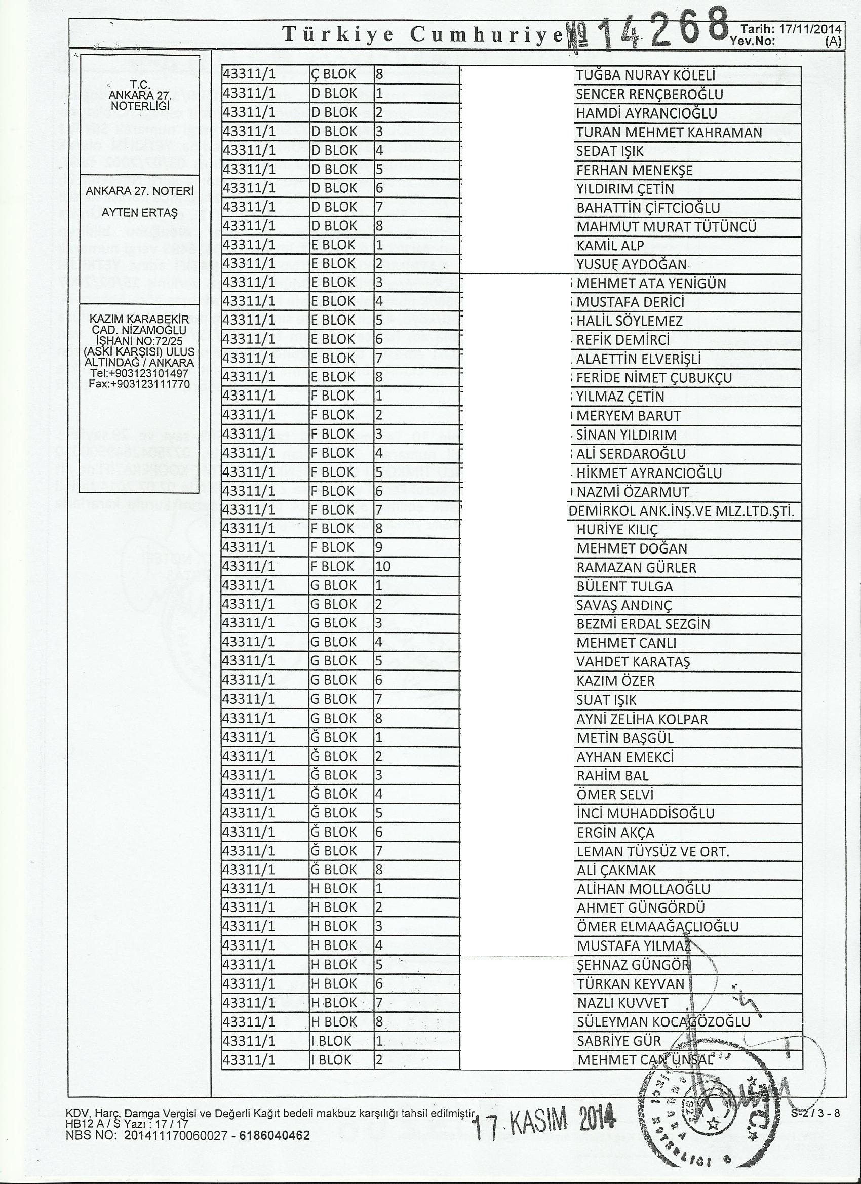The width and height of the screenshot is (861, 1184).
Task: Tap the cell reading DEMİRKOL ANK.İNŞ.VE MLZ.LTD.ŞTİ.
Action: pos(680,511)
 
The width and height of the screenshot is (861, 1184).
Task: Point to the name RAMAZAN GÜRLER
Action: pos(636,568)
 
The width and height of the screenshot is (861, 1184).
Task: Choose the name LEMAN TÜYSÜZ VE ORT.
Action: pos(652,851)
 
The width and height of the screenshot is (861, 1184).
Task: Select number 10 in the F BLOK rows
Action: pos(383,566)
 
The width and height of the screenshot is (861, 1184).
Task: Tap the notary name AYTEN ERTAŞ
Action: pos(139,213)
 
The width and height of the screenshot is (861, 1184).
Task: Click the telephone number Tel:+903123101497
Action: pos(139,374)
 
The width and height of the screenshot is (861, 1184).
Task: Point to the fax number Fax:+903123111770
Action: pos(139,383)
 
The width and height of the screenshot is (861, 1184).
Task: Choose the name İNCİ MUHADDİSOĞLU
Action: pos(645,813)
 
